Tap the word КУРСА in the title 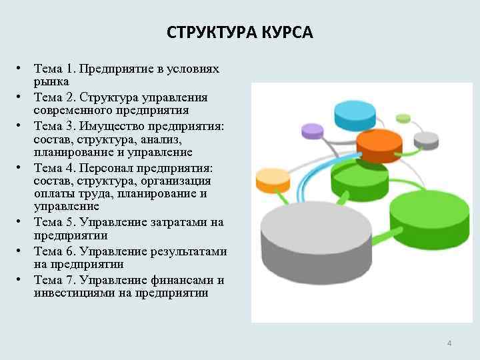[289, 32]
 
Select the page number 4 [449, 343]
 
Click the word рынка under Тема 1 [52, 81]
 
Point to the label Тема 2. [57, 97]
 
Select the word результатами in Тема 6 [187, 251]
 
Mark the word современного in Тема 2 [75, 110]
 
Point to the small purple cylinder [312, 130]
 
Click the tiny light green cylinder [403, 119]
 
